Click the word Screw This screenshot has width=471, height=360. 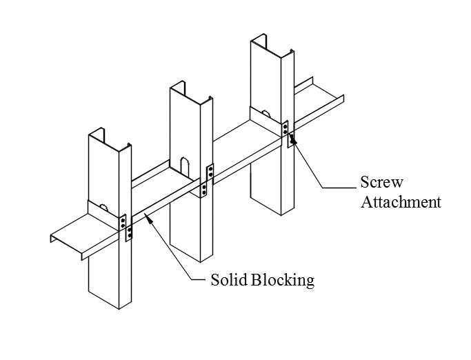pos(381,183)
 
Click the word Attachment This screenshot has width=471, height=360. pos(401,202)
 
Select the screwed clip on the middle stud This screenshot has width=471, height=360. pos(208,179)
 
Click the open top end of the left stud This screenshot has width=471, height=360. pos(110,139)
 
